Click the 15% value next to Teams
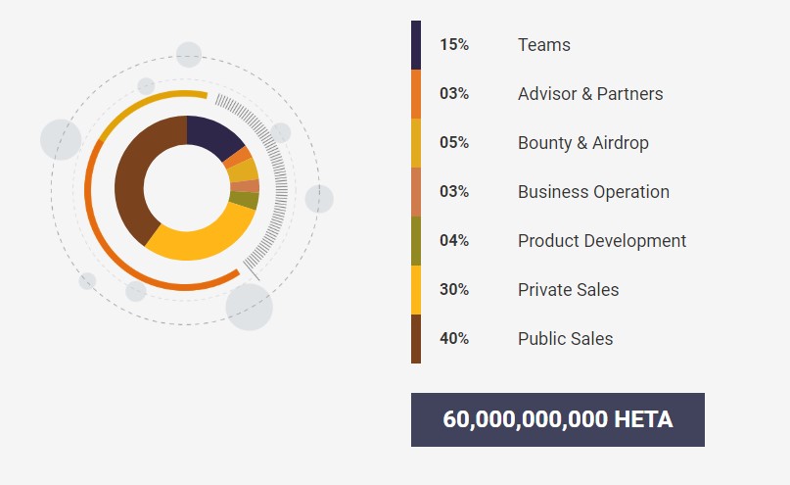point(454,45)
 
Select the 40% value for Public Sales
point(454,339)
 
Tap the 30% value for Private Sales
point(454,290)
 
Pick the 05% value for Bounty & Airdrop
point(454,143)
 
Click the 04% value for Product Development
point(454,241)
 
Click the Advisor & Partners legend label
point(590,94)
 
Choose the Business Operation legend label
point(593,192)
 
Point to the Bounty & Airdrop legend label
point(583,143)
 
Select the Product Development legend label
point(602,241)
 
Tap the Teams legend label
point(544,45)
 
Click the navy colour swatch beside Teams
point(416,45)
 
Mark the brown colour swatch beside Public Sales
point(416,339)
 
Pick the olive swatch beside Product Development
point(416,241)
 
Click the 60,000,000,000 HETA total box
point(558,419)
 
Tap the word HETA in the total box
point(643,419)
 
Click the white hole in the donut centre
point(187,187)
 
